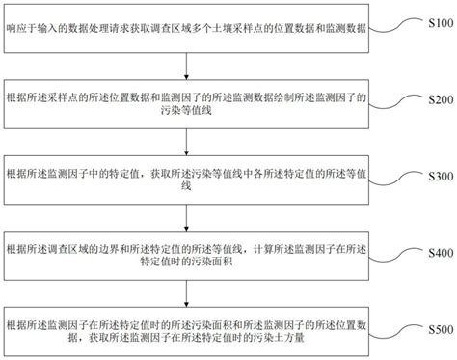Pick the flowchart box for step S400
coord(187,257)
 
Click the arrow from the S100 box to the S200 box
coord(187,67)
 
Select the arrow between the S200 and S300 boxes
coord(187,141)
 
